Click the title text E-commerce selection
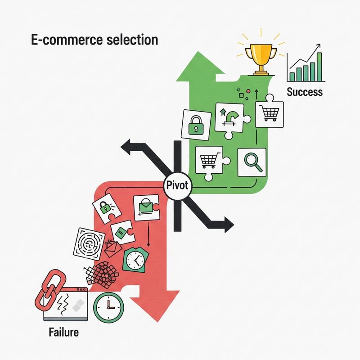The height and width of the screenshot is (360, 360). [94, 40]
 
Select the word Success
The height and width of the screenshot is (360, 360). [305, 92]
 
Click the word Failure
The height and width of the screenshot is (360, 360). [63, 333]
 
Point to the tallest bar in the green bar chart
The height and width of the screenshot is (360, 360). [319, 66]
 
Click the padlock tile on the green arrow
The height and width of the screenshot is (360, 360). [196, 124]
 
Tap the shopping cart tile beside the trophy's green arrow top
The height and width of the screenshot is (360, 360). [270, 112]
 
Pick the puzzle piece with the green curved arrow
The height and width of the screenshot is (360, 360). [229, 119]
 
